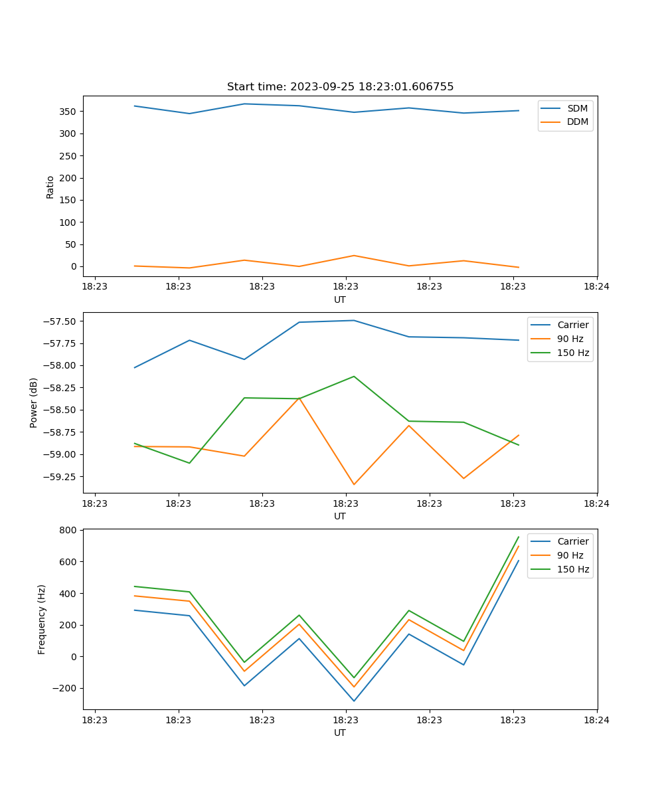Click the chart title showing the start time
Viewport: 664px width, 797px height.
click(340, 87)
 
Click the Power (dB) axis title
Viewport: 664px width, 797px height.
click(34, 402)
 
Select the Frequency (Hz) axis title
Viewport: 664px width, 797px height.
click(42, 619)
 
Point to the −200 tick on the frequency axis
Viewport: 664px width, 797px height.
click(64, 688)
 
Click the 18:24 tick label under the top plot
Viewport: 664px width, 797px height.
click(596, 287)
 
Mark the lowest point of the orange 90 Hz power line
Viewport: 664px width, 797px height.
click(354, 484)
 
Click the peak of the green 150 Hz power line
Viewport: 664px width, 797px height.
click(354, 377)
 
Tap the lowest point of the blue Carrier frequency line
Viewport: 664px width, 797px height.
click(354, 701)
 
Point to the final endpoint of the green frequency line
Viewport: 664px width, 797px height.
click(519, 537)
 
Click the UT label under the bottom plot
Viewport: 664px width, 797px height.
click(340, 733)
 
